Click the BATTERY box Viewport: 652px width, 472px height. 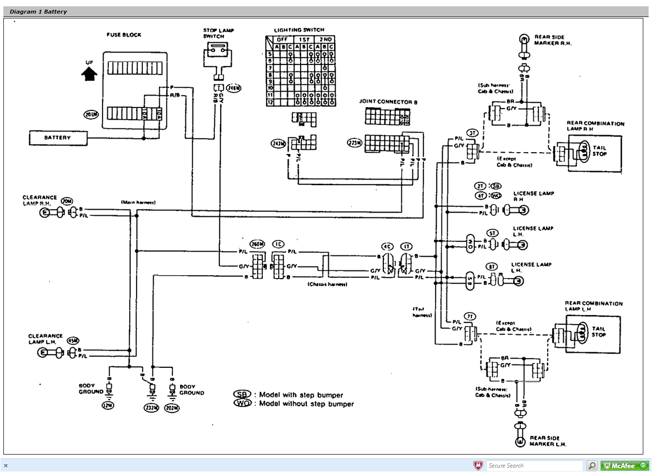pos(58,138)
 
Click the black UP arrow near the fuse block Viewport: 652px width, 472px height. pos(89,74)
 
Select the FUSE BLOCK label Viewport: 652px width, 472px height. pos(124,35)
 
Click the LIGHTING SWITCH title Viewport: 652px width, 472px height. pos(299,30)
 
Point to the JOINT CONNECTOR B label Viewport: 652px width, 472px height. pos(388,102)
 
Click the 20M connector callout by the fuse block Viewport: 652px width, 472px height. pos(91,114)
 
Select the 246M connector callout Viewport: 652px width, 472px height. pos(233,88)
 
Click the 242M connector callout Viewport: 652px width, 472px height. pos(278,143)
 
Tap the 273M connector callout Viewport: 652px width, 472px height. pos(355,142)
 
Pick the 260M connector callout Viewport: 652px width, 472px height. pos(257,244)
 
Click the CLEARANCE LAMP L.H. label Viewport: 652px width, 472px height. pos(45,339)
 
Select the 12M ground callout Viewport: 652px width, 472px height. pos(108,405)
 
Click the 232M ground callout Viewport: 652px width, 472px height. pos(152,408)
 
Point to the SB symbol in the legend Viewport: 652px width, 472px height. pos(242,394)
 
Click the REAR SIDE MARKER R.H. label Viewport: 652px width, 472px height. pos(552,40)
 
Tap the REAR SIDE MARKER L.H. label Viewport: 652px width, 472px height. pos(547,441)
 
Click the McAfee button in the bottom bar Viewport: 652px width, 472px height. pos(624,466)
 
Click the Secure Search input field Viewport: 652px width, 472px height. pos(534,466)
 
